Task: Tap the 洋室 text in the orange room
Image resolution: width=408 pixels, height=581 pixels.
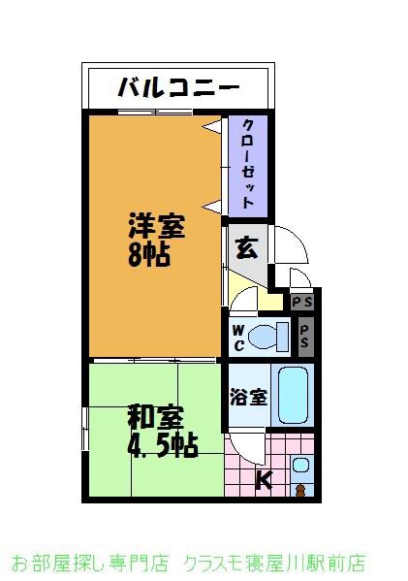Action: coord(156,227)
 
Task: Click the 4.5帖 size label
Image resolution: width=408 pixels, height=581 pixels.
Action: coord(163,445)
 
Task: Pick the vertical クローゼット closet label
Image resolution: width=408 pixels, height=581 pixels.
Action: coord(249,166)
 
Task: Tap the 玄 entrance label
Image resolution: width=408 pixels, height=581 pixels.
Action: coord(247,247)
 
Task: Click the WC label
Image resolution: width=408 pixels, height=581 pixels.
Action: coord(237,338)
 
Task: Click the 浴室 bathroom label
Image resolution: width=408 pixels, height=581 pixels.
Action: coord(248,397)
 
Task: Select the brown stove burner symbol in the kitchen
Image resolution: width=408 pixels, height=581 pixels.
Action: coord(299,489)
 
